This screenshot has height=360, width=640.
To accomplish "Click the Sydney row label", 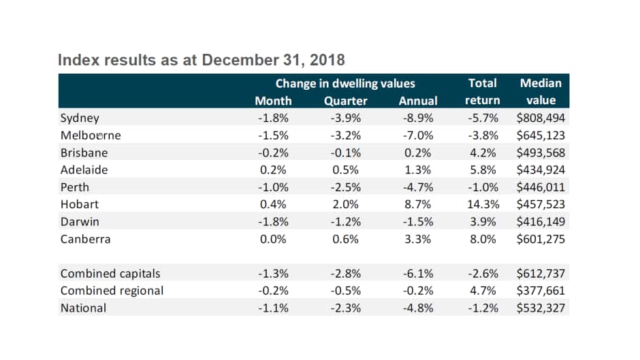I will pos(80,118).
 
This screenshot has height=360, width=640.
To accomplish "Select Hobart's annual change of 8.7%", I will pos(418,205).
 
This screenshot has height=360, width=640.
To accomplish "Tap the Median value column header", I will pos(541,92).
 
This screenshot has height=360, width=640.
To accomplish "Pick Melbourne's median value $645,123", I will pos(541,135).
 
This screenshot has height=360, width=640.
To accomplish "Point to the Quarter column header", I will pos(345,101).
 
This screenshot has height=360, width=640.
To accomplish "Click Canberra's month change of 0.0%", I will pos(273,240).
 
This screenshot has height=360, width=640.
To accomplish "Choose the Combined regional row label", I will pos(112,291).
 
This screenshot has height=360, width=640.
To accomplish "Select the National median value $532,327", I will pos(541,308).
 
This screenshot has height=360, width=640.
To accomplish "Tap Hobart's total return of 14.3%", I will pos(482,205).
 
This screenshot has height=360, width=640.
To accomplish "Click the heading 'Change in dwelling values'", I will pos(345,84).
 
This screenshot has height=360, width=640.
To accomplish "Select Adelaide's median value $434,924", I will pos(541,170).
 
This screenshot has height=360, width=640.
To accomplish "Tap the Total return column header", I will pos(482,92).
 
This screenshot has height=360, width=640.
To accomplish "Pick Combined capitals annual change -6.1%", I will pos(418,274).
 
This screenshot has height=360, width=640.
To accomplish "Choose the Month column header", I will pos(273,101).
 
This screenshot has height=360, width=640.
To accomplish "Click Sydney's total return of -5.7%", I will pos(482,118).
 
